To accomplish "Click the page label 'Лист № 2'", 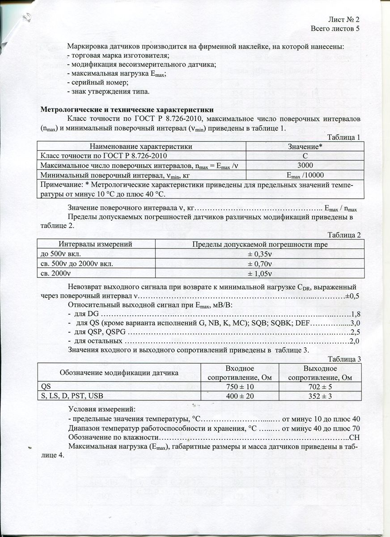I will (344, 20).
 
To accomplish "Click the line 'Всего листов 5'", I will (335, 29).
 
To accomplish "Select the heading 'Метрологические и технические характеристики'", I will (127, 110).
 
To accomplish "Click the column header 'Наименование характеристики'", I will (141, 146).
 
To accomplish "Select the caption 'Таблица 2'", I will (344, 235).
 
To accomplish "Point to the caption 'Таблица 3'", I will (344, 359).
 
